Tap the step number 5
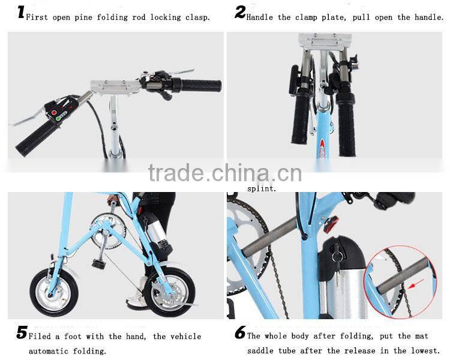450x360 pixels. (22, 333)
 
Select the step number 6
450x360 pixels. (240, 333)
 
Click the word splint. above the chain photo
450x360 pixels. (262, 188)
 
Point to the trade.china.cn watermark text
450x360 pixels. (225, 173)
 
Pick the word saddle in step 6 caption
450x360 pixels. (263, 351)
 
